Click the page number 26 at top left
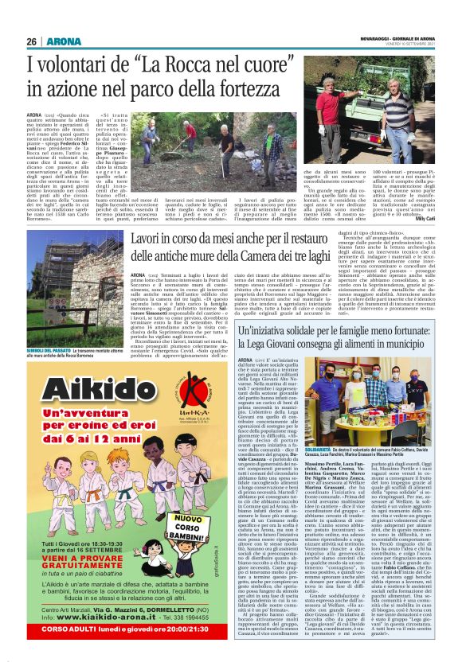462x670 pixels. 31,41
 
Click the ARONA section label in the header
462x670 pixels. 60,41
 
